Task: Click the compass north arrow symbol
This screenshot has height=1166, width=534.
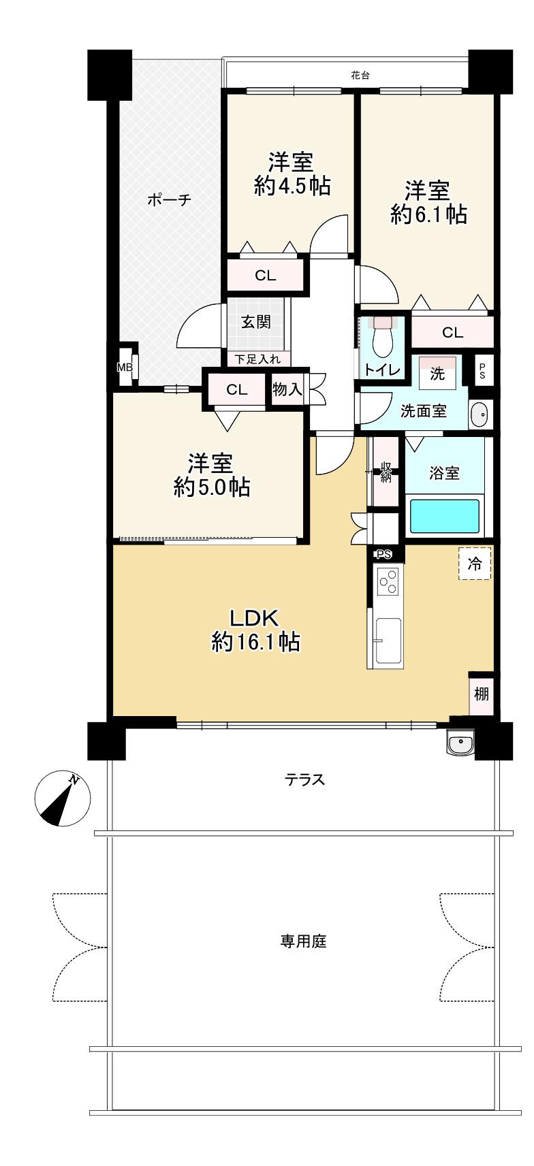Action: tap(62, 799)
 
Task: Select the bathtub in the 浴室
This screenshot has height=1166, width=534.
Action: tap(445, 517)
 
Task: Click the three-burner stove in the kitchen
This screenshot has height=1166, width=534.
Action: tap(387, 581)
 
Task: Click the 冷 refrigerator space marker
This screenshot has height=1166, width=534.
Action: tap(475, 564)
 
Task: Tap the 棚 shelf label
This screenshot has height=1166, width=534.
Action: tap(482, 694)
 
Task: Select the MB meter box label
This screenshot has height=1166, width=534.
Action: tap(125, 368)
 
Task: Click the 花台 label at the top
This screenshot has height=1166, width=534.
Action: tap(360, 76)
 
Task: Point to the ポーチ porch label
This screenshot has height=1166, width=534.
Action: tap(169, 200)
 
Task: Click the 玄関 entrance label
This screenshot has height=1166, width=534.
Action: tap(257, 322)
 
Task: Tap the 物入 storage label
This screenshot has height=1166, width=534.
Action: tap(287, 389)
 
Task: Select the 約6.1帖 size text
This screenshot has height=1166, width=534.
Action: tap(428, 214)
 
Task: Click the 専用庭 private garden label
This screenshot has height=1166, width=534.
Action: tap(304, 941)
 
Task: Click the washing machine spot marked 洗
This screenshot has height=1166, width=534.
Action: tap(437, 373)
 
